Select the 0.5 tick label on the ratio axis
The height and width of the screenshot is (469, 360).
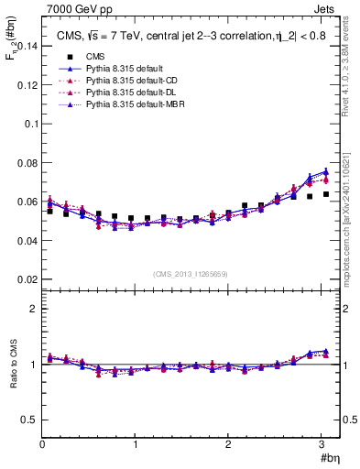point(28,420)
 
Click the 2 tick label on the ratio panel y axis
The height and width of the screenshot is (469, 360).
point(33,309)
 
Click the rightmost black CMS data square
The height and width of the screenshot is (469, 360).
point(325,194)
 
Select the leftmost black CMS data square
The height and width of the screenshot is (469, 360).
point(49,212)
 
